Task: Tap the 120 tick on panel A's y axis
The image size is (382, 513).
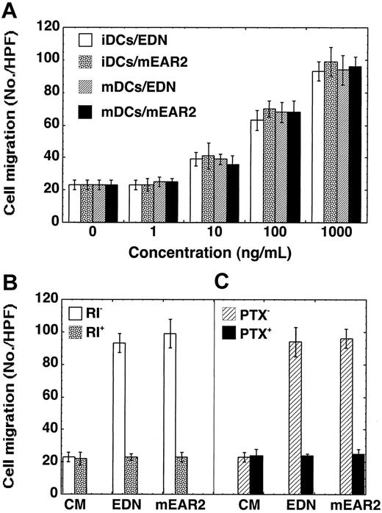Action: (x=51, y=26)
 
